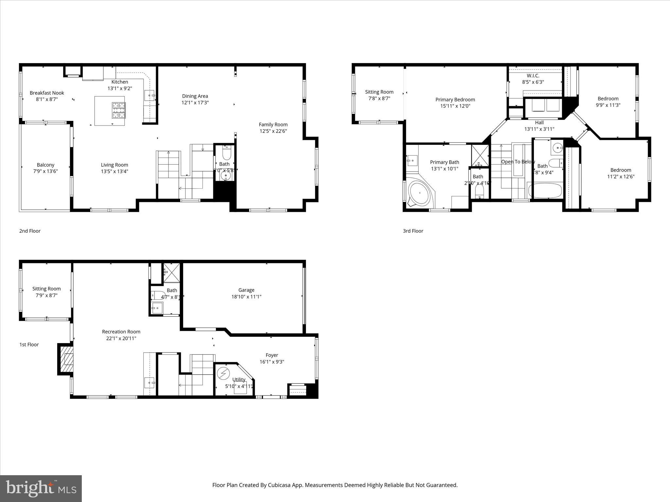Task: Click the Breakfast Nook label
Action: point(47,93)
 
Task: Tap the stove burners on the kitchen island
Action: point(119,110)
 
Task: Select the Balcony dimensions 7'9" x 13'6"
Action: point(45,171)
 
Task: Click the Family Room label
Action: point(273,125)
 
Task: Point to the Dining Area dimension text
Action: point(195,103)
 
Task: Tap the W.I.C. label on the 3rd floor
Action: point(533,75)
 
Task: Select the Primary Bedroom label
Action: point(455,100)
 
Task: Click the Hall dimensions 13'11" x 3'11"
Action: point(539,129)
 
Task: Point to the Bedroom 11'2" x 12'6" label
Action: point(621,170)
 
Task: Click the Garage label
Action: point(246,290)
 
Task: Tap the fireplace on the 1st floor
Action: point(66,359)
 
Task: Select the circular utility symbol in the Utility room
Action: point(223,373)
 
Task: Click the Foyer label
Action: point(272,355)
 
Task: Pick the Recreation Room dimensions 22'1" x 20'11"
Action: point(121,338)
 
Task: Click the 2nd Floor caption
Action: point(30,231)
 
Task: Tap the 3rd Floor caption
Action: point(413,231)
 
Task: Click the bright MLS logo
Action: point(41,488)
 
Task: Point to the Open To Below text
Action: point(518,162)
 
